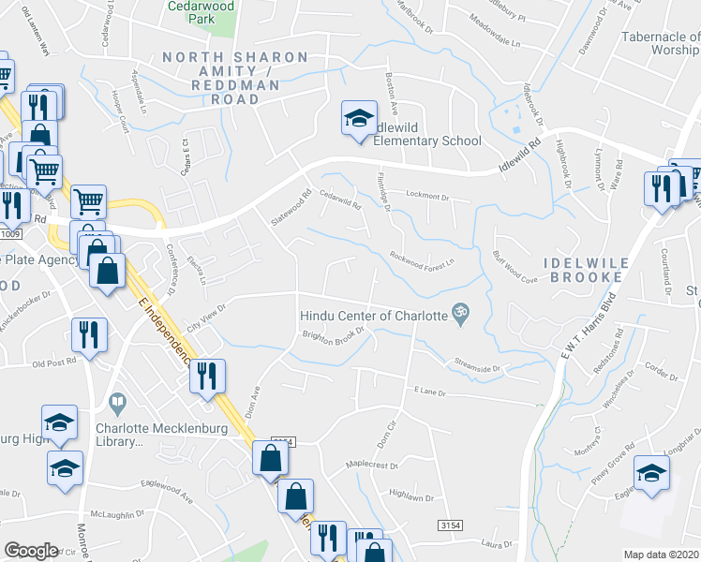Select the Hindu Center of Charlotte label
click(373, 316)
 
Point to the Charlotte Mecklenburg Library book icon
click(117, 405)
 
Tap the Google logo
click(31, 551)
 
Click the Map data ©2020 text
click(662, 555)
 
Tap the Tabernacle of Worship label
click(661, 43)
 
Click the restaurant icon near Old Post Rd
click(89, 335)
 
